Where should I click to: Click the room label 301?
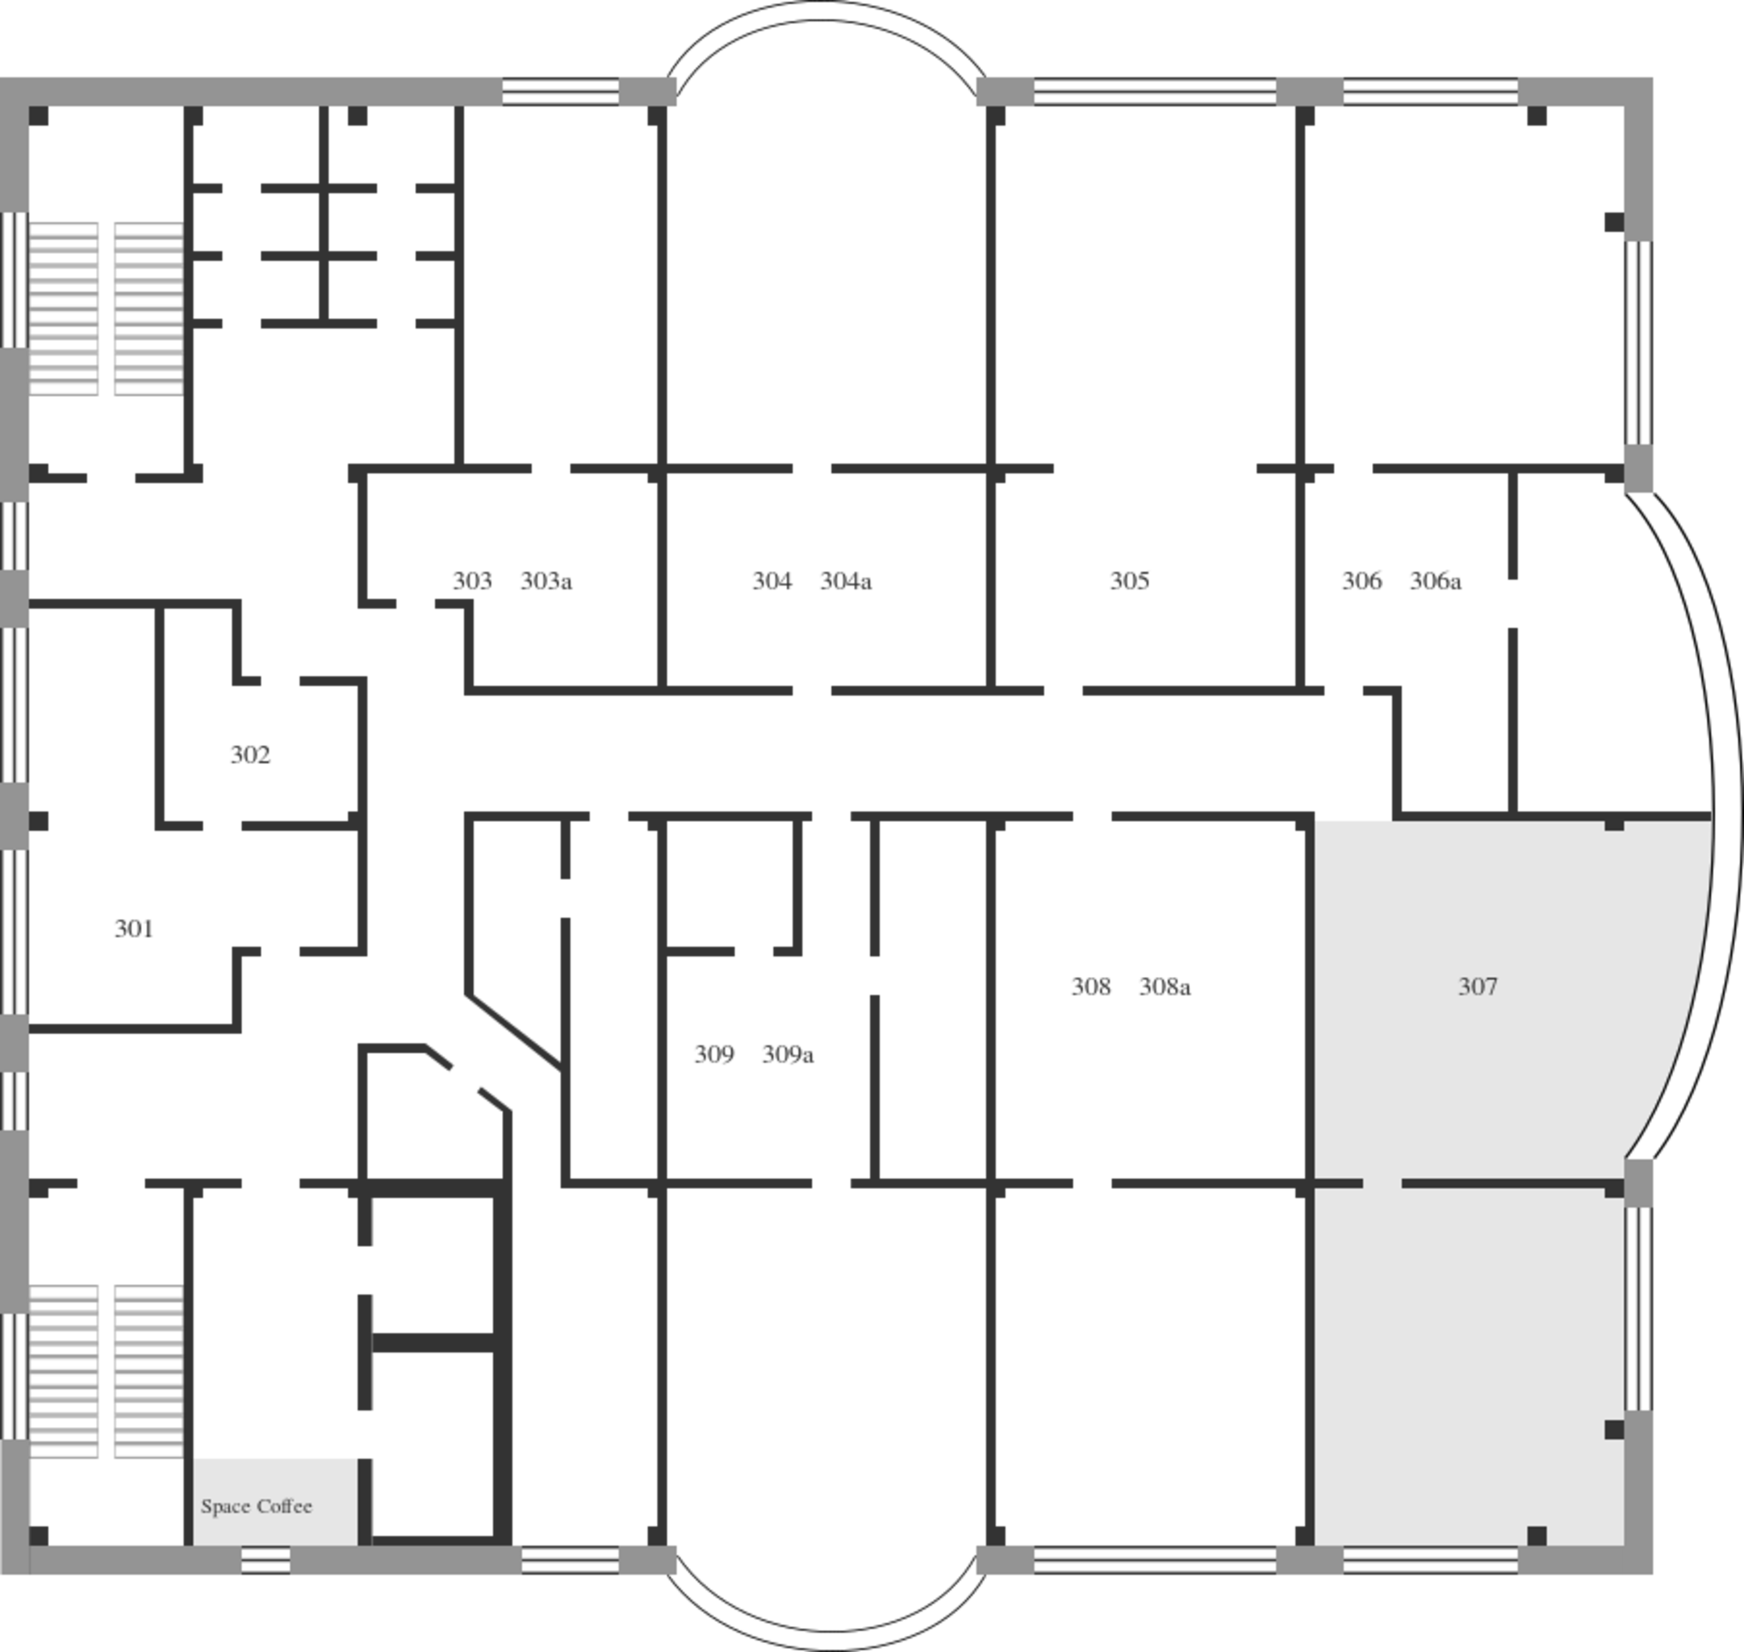pos(134,928)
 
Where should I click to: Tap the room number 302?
pos(250,755)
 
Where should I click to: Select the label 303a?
pos(546,582)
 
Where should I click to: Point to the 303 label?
pos(472,582)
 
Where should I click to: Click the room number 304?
pos(772,582)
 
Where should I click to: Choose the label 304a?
pos(846,582)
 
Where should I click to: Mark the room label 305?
pos(1129,582)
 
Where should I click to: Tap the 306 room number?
pos(1361,582)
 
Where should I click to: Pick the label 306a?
pos(1436,582)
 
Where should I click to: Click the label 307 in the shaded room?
pos(1477,987)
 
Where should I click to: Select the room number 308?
pos(1090,987)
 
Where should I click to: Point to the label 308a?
pos(1165,987)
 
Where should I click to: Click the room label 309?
pos(713,1054)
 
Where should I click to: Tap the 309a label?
pos(788,1054)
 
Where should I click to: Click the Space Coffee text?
pos(257,1506)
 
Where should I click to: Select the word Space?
pos(225,1507)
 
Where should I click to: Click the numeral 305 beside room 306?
pos(1129,582)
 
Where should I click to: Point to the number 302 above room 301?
pos(250,755)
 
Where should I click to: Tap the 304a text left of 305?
pos(846,582)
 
